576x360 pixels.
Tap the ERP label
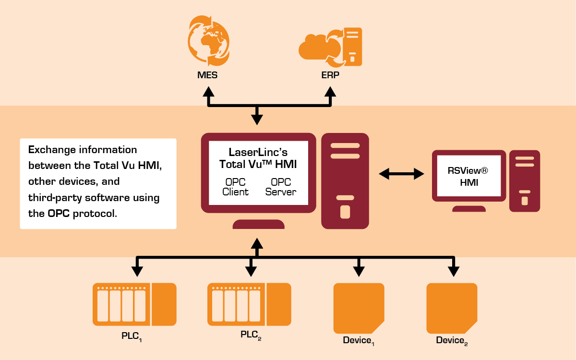(330, 75)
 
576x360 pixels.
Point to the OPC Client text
(236, 187)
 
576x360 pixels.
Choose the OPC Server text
(281, 187)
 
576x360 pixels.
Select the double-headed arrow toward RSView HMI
(402, 173)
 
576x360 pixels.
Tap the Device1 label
(358, 341)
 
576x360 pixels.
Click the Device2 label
(452, 341)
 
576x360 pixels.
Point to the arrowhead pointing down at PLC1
(137, 271)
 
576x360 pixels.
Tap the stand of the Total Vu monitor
(258, 224)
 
